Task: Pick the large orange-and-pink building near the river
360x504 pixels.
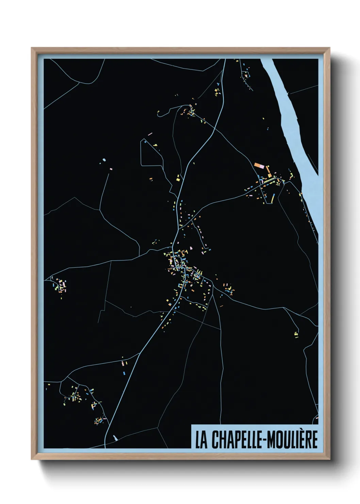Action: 259,166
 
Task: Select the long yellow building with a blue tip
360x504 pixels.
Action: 273,198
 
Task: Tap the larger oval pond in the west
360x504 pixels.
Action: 104,160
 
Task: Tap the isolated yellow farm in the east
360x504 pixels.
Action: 296,334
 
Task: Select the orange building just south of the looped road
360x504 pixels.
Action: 151,178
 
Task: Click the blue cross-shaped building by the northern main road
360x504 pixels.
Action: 217,84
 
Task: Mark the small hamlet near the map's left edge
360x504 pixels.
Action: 60,285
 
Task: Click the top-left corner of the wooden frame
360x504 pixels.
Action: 32,48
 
